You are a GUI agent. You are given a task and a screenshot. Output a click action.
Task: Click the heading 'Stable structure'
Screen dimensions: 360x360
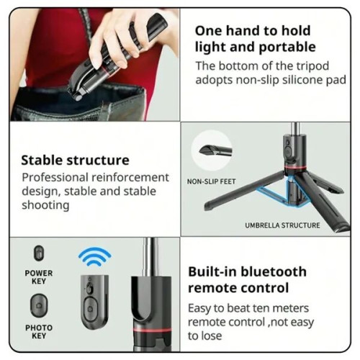click(75, 160)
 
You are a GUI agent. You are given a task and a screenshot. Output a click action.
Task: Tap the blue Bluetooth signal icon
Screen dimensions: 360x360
click(94, 256)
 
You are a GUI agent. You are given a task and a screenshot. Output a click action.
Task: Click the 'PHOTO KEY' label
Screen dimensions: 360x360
click(39, 332)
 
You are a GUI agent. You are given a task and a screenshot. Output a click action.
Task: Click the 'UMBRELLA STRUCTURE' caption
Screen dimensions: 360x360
click(282, 225)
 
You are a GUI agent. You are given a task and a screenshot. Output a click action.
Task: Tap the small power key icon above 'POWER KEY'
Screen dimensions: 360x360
click(39, 253)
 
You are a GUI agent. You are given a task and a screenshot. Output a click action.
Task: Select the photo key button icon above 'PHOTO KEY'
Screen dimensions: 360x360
click(39, 305)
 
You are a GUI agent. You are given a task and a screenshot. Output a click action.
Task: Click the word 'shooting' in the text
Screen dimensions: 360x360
click(45, 205)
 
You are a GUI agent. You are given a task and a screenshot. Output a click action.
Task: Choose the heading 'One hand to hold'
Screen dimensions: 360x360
click(253, 30)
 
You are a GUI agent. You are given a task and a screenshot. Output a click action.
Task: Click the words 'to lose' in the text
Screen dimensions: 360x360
click(205, 336)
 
